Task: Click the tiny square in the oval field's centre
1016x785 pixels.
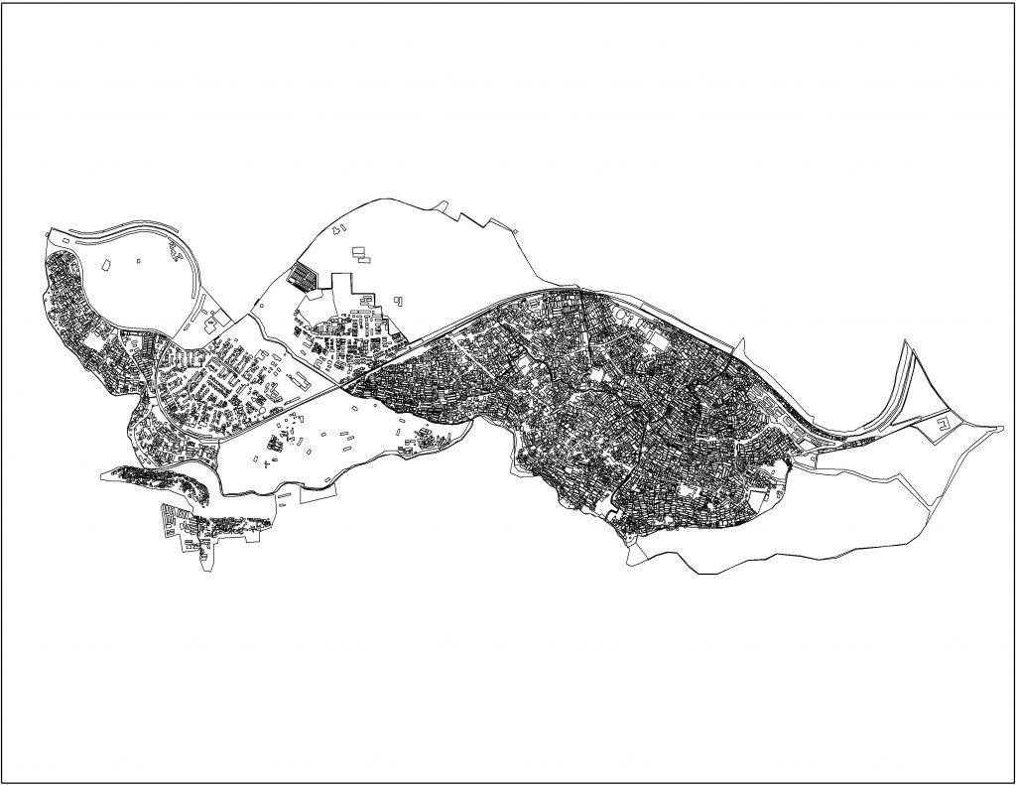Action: tap(139, 261)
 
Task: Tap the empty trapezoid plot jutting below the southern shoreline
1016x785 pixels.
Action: tap(317, 495)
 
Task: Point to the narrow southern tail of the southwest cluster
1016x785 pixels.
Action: tap(207, 561)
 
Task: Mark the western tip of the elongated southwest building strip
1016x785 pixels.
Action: tap(104, 474)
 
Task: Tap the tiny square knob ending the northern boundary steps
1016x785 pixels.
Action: tap(515, 232)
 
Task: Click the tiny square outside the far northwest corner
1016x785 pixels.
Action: tap(49, 233)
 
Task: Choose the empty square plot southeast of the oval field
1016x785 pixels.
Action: tap(211, 325)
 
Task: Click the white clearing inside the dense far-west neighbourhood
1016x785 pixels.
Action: tap(94, 342)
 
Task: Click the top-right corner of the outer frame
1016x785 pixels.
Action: tap(1011, 4)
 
